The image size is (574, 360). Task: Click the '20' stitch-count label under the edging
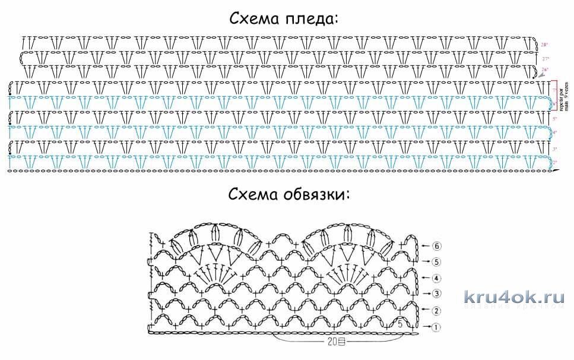click(332, 342)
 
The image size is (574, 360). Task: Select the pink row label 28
click(545, 45)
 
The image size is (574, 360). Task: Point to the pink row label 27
click(546, 59)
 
